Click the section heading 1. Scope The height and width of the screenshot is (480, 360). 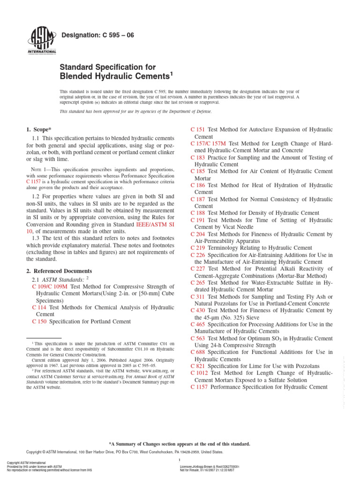[x=37, y=129]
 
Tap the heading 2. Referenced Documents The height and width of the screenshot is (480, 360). [x=59, y=271]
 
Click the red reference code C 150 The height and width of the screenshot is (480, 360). [x=39, y=322]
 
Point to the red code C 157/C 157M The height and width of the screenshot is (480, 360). [x=208, y=143]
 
